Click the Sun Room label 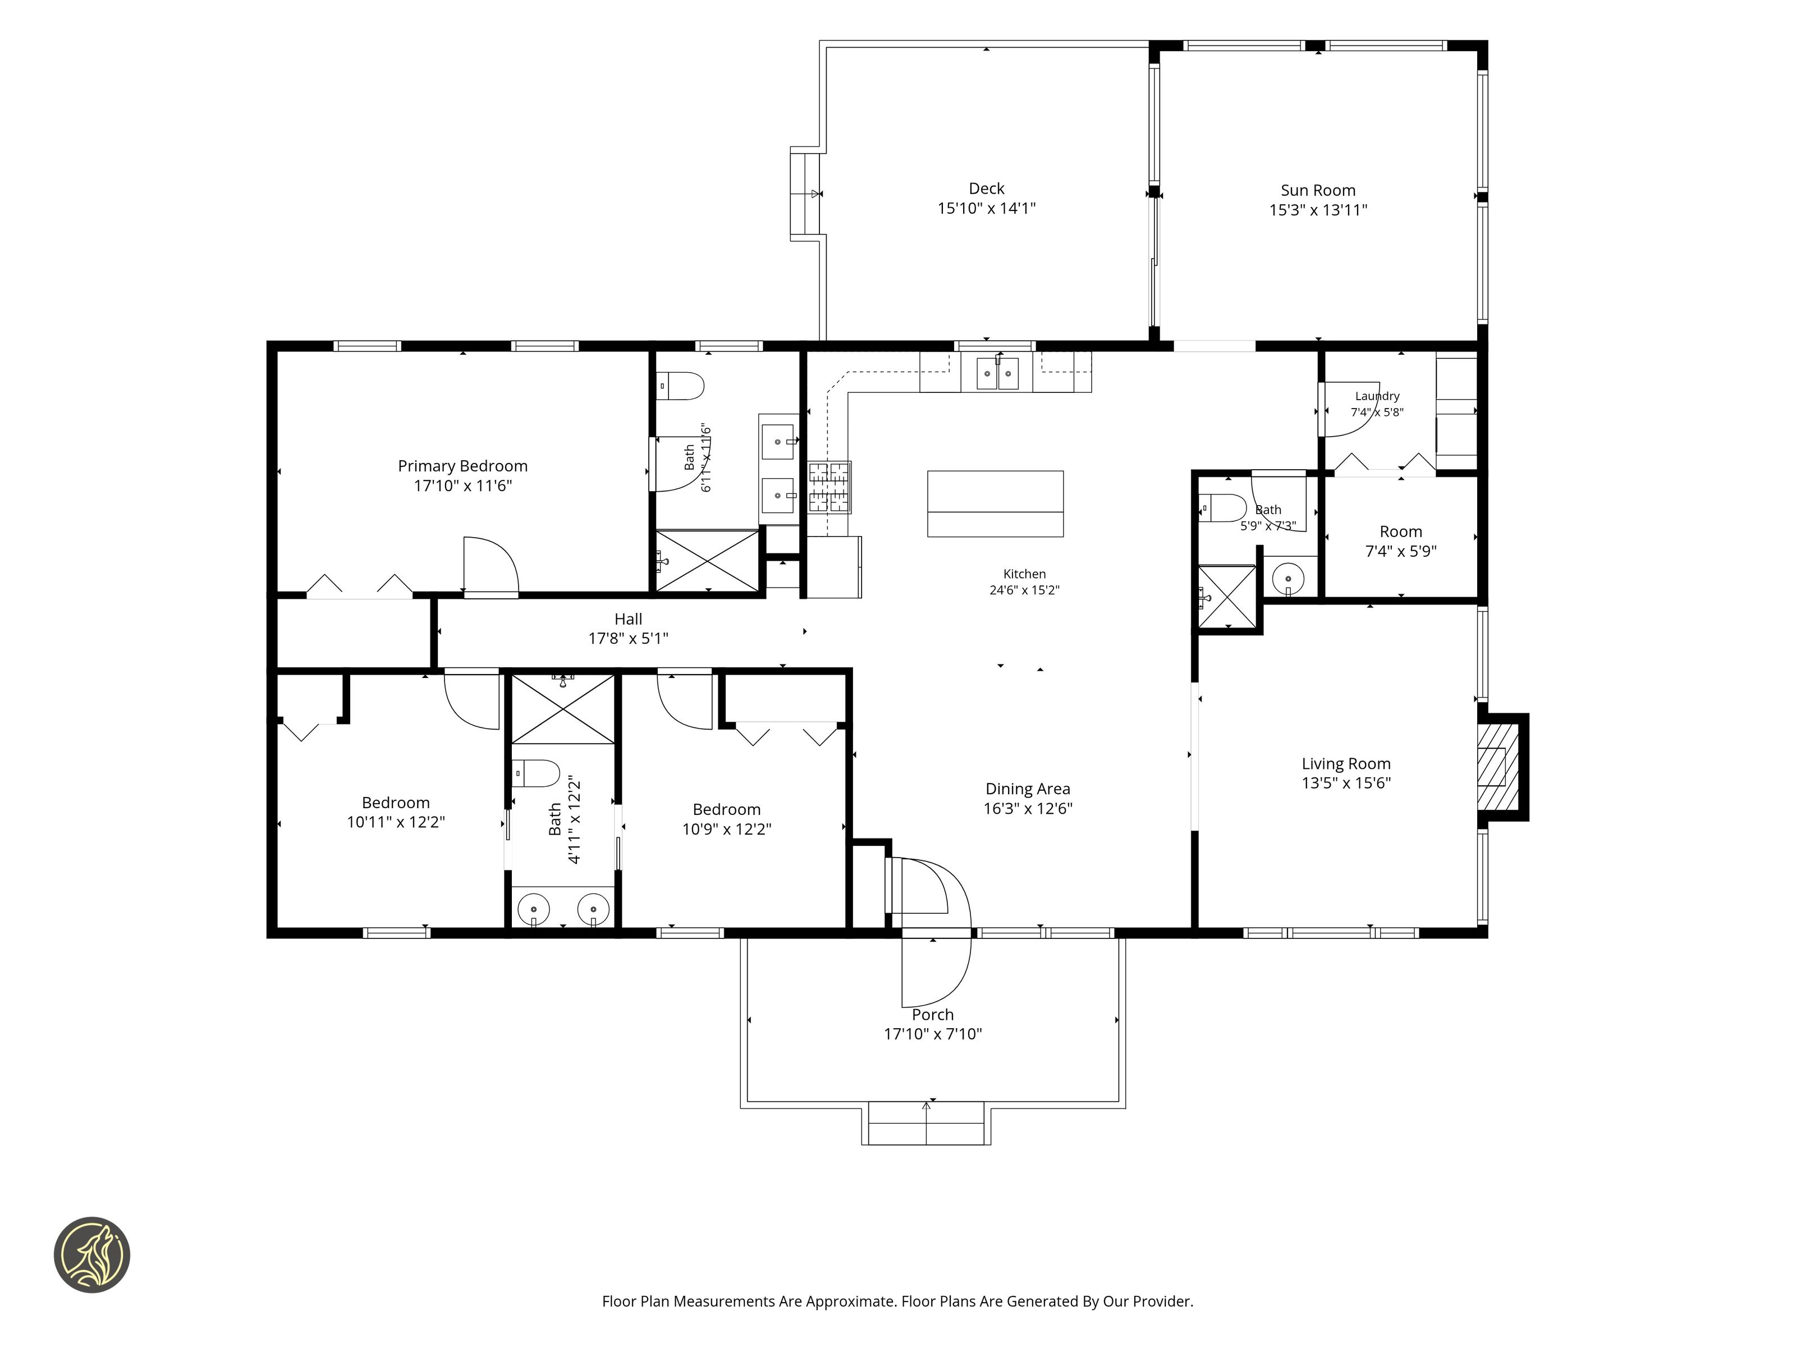[x=1318, y=191]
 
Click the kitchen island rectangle [x=996, y=503]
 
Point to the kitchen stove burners [x=829, y=487]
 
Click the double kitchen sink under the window [x=997, y=373]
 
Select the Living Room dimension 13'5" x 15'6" [x=1346, y=784]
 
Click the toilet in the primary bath [x=680, y=386]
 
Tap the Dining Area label [x=1028, y=789]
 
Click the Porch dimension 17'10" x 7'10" [x=933, y=1034]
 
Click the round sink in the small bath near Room [x=1288, y=579]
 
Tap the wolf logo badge [x=91, y=1254]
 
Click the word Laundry [x=1377, y=396]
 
